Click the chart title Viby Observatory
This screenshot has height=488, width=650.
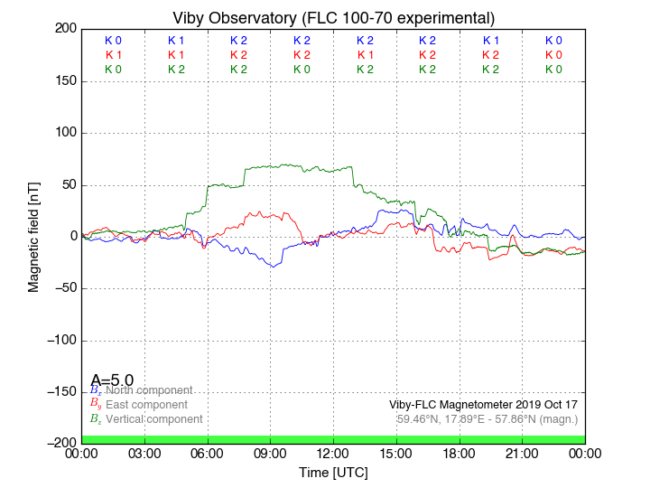(x=333, y=18)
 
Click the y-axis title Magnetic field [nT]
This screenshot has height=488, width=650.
(x=33, y=235)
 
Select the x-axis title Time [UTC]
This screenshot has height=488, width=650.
(x=333, y=473)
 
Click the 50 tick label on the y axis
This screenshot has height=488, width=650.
(x=67, y=184)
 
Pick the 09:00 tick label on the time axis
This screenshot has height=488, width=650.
(x=271, y=453)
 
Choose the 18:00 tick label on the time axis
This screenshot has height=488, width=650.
(x=460, y=453)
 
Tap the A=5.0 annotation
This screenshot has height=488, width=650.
(x=112, y=380)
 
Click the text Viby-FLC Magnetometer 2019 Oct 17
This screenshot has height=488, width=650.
(x=483, y=405)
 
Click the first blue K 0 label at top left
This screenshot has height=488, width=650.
(x=113, y=41)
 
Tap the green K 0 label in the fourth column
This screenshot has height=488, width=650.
(x=302, y=70)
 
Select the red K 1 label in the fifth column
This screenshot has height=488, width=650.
(x=365, y=55)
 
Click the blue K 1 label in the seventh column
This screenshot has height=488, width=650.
(x=490, y=41)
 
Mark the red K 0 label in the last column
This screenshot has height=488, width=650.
(x=553, y=55)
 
